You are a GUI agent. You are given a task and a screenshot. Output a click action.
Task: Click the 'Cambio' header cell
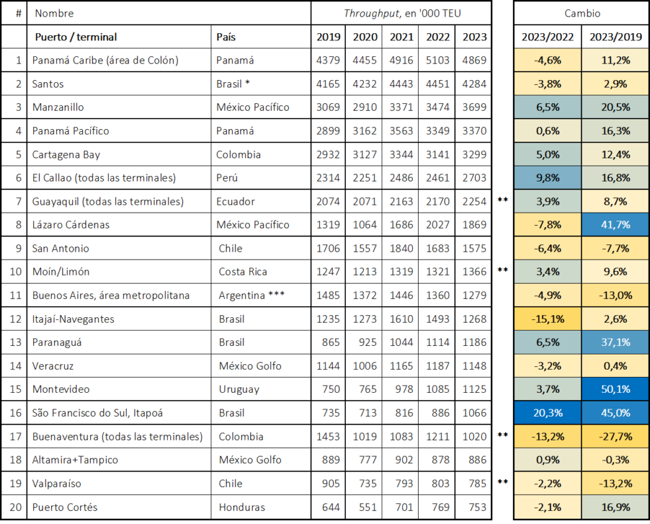[582, 13]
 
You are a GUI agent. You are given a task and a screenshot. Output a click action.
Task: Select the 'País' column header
[226, 37]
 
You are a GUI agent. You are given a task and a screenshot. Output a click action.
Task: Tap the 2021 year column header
[401, 37]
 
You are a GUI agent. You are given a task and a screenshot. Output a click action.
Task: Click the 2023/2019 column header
[616, 37]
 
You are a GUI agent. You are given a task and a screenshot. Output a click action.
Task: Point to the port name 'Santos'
[48, 83]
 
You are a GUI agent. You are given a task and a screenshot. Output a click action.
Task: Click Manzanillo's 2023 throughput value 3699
[474, 107]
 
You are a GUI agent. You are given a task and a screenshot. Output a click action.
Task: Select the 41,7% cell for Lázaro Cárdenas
[616, 225]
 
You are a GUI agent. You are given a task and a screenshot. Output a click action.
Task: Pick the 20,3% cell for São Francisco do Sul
[547, 413]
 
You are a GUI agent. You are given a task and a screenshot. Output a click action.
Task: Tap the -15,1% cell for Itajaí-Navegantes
[547, 319]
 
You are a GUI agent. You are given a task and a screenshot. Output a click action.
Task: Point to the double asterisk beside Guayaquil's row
[502, 200]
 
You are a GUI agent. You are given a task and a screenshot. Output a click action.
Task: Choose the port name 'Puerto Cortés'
[65, 507]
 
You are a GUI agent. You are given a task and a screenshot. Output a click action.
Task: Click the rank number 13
[15, 342]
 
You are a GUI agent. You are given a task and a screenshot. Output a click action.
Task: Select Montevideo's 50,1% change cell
[616, 390]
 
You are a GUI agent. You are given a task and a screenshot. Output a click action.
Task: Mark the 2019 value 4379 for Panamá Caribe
[328, 60]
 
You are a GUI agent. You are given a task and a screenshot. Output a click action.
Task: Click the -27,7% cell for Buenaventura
[616, 437]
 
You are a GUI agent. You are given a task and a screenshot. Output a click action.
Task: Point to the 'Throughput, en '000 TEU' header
[402, 13]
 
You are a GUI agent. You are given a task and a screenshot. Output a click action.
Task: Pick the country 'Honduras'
[242, 507]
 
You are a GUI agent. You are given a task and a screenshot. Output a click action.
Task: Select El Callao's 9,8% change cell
[547, 178]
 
